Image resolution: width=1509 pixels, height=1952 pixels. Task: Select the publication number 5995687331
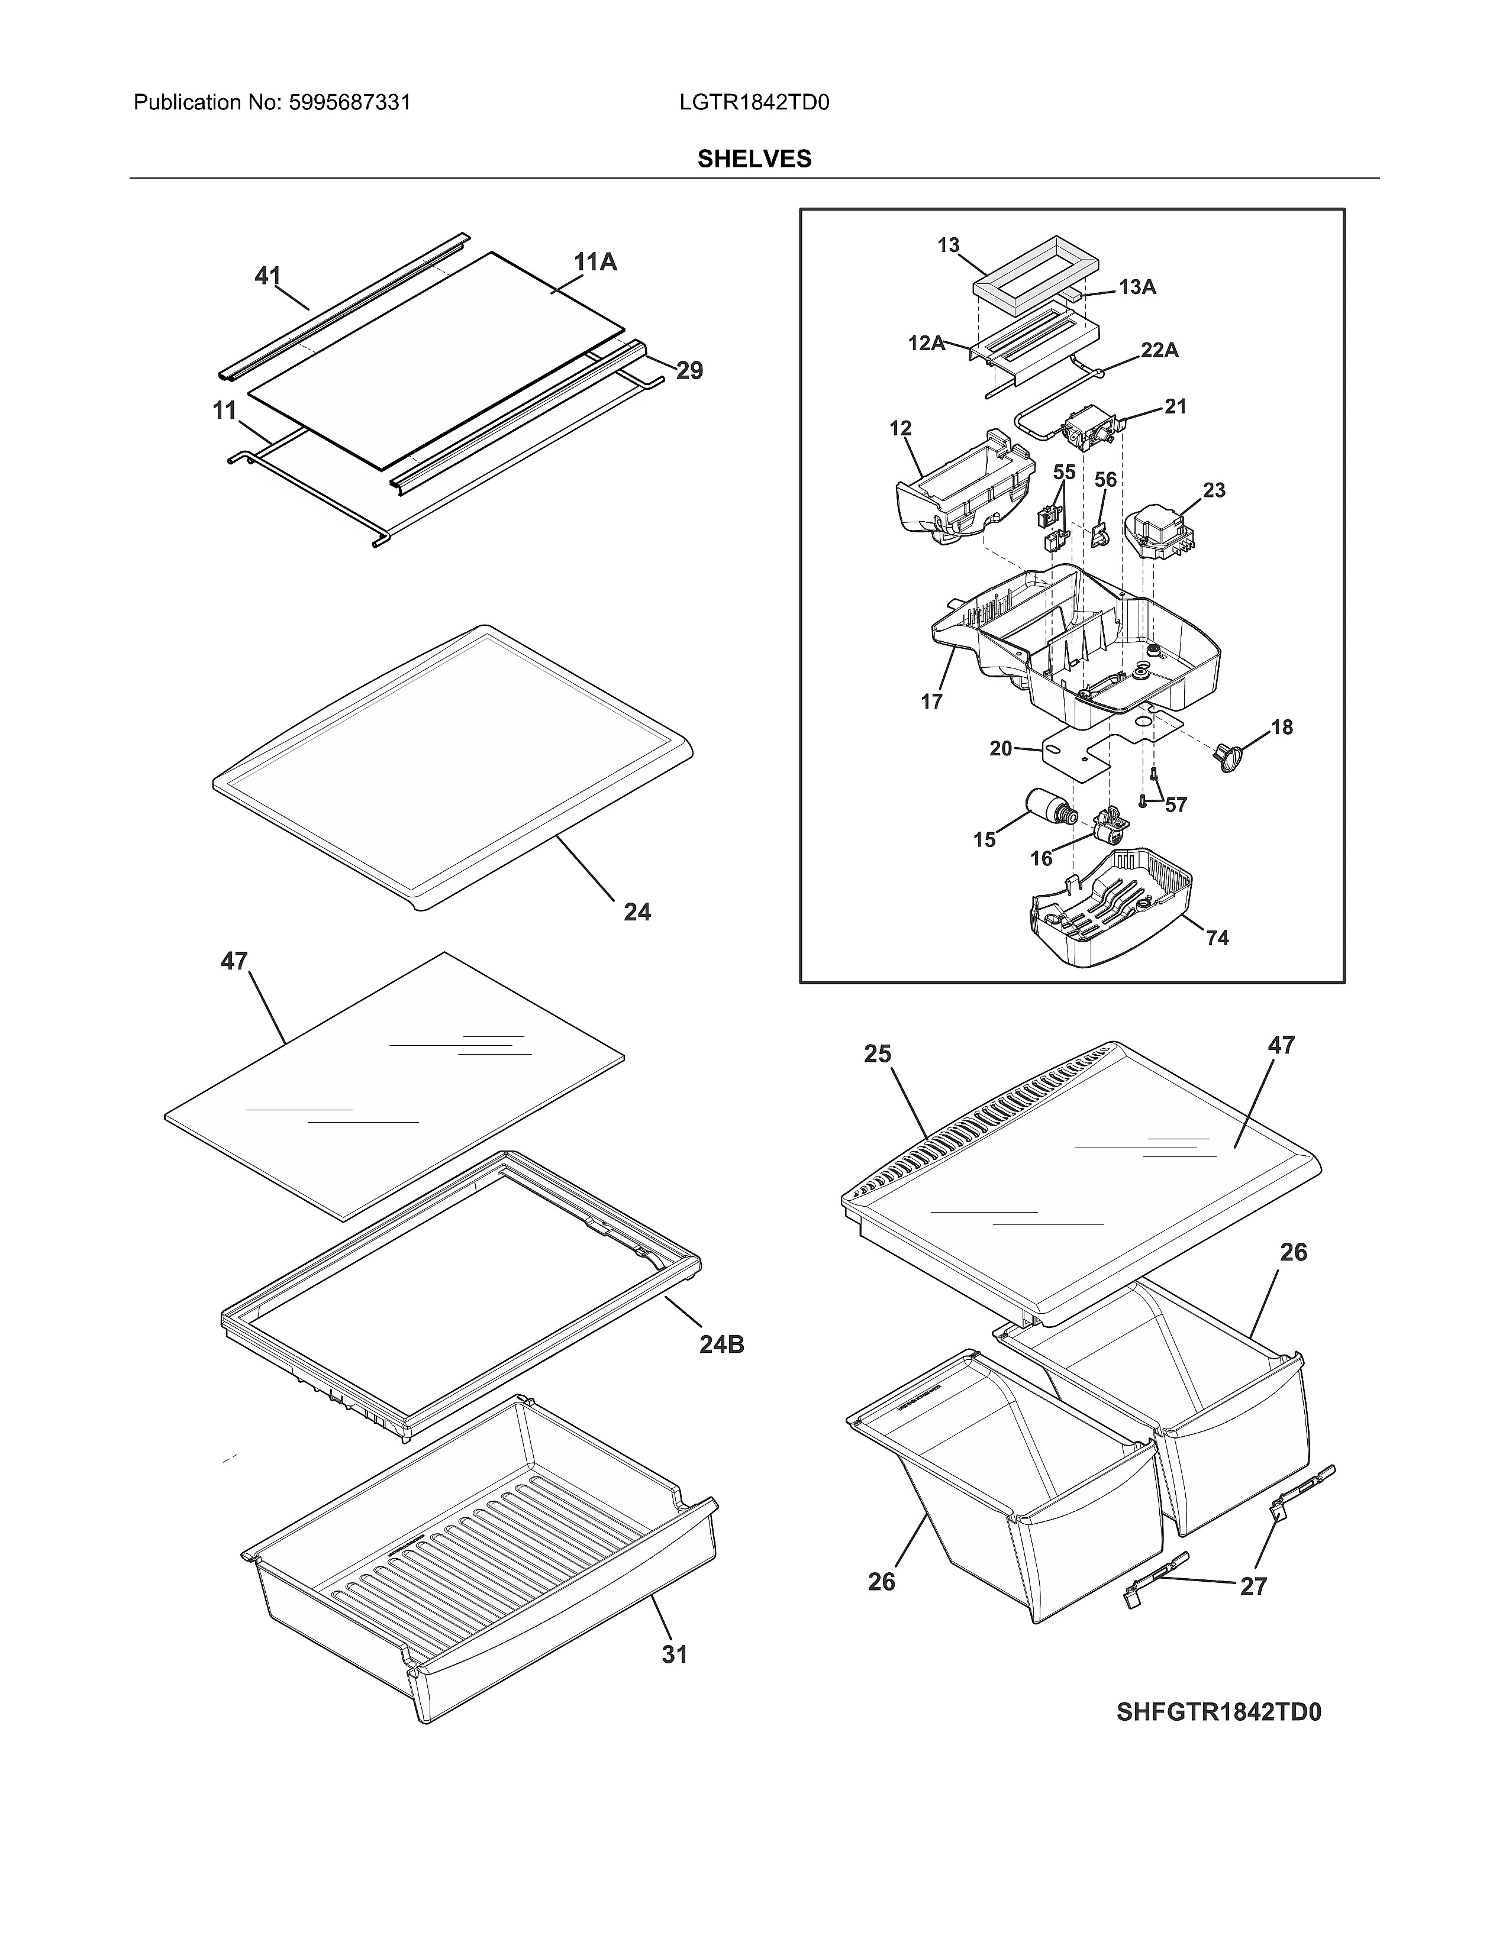tap(350, 103)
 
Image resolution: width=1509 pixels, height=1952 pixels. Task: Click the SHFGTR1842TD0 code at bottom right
tap(1218, 1712)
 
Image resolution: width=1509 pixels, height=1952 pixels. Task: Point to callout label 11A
tap(595, 262)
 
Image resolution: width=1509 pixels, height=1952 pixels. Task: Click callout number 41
tap(267, 276)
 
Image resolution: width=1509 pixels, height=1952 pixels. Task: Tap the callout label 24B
tap(721, 1345)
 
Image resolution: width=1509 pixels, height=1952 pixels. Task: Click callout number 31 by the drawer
tap(675, 1655)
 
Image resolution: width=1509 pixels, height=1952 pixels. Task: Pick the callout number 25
tap(877, 1055)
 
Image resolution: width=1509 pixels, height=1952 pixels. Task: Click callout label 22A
tap(1159, 350)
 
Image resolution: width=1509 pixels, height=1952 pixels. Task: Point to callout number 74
tap(1217, 938)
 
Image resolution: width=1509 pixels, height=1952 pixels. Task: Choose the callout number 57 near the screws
tap(1176, 804)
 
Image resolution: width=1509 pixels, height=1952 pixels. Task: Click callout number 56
tap(1106, 480)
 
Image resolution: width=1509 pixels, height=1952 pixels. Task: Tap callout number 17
tap(931, 702)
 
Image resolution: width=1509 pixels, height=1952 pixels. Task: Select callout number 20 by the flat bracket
tap(1000, 748)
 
